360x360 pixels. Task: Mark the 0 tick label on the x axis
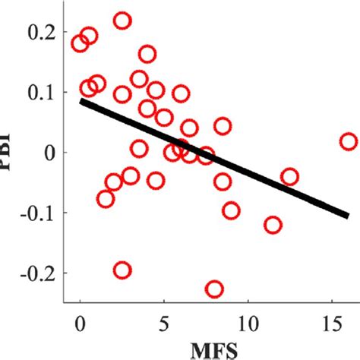click(x=81, y=321)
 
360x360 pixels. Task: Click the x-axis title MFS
click(x=206, y=349)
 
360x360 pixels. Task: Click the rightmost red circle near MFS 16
click(x=348, y=141)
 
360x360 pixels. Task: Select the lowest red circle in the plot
click(x=214, y=289)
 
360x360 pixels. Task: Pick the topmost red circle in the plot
click(x=122, y=21)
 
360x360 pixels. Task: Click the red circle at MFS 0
click(x=81, y=43)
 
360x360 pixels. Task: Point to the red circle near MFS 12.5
click(x=289, y=177)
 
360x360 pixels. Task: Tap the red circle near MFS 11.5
click(x=273, y=225)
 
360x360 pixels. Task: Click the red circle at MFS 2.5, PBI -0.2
click(x=122, y=270)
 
